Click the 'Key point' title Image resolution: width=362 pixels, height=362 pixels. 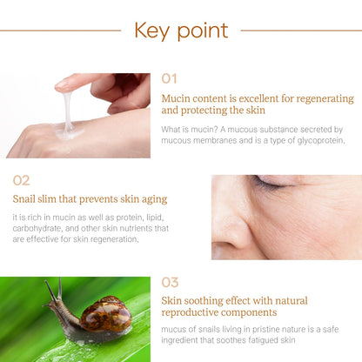tap(181, 30)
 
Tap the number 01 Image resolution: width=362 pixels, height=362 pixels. tap(170, 79)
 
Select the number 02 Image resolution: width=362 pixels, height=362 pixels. tap(21, 180)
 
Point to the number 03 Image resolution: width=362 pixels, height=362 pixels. tap(171, 282)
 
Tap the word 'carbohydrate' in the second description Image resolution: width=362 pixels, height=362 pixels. tap(41, 228)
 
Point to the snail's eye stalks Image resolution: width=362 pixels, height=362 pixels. tap(54, 289)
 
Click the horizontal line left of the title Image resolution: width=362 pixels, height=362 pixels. tap(61, 30)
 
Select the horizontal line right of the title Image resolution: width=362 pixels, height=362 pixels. tap(300, 30)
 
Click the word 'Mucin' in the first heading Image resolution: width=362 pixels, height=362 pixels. tap(178, 97)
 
